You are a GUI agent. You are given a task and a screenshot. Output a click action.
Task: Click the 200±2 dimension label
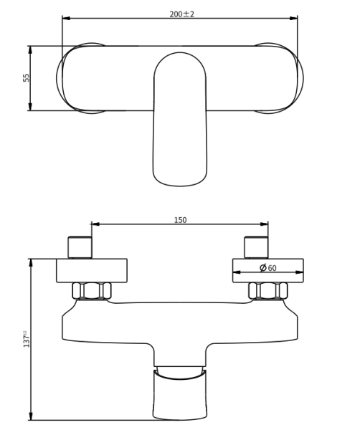pos(181,14)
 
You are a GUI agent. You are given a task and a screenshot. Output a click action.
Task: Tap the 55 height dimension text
pos(27,77)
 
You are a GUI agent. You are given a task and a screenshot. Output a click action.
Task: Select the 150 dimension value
pos(180,220)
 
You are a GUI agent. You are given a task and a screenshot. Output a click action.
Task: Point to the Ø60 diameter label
pos(268,267)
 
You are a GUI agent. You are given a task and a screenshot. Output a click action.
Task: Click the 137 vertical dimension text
pos(27,339)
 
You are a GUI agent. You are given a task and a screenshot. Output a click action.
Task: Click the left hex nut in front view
pos(92,290)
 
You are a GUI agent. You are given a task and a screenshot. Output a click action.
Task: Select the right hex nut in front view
pos(267,290)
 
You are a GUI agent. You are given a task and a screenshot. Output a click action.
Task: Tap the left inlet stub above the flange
pos(80,247)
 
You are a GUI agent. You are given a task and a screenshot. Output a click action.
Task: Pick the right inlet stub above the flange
pos(256,247)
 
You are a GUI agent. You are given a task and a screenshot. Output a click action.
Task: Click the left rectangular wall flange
pos(92,270)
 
